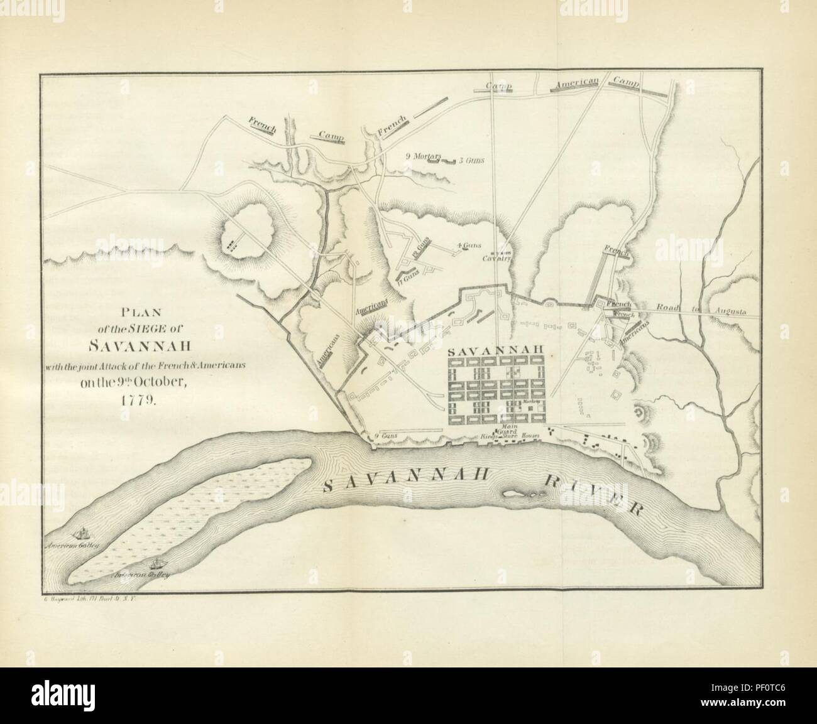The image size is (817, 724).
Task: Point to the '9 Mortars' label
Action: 425,156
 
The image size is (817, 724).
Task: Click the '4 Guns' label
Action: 468,246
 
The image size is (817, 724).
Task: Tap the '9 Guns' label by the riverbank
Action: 383,436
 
